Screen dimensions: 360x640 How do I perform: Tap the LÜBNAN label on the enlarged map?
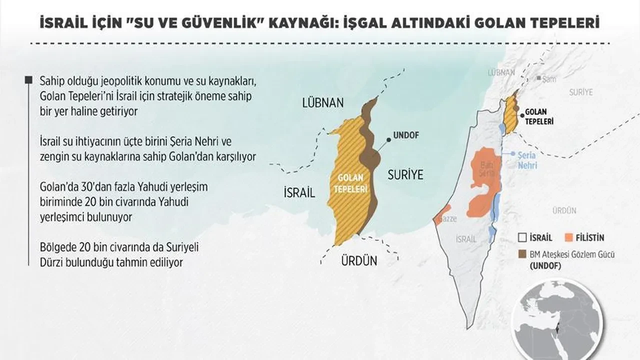pyautogui.click(x=323, y=103)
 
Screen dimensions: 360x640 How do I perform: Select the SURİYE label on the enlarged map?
pyautogui.click(x=405, y=174)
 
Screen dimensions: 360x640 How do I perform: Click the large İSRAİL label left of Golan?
pyautogui.click(x=299, y=193)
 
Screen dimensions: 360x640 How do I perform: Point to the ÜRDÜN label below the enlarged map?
pyautogui.click(x=359, y=260)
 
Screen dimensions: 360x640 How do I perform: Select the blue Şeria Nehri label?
pyautogui.click(x=527, y=159)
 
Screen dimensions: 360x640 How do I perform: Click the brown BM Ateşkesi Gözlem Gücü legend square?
pyautogui.click(x=522, y=254)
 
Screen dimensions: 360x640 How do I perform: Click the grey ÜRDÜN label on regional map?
pyautogui.click(x=564, y=210)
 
